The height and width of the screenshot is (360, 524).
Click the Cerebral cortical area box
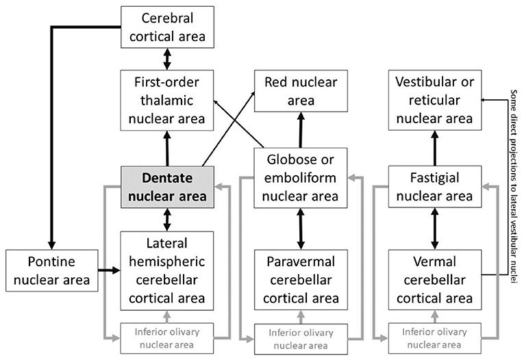coord(167,27)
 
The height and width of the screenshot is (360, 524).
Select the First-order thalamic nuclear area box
coord(167,101)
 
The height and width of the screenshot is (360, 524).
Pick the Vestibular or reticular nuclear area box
coord(434,101)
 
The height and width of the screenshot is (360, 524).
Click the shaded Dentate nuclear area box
coord(167,185)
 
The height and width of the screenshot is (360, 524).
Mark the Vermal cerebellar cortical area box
coord(434,280)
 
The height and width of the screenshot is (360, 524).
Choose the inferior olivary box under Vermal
coord(434,339)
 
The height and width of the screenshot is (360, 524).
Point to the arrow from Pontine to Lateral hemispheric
coord(105,270)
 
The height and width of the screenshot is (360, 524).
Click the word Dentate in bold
coord(167,177)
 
